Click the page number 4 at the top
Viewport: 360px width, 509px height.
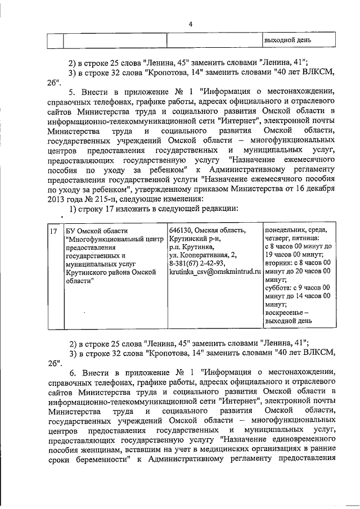tap(191, 24)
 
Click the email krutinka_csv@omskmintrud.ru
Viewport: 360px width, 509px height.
tap(215, 271)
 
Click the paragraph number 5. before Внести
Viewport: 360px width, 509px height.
tap(71, 92)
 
